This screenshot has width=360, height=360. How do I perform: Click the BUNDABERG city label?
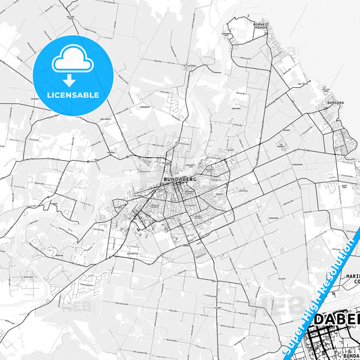pos(179,179)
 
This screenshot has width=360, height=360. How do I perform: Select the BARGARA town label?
pos(335,103)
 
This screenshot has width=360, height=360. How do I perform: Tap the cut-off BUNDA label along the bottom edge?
pos(351,355)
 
